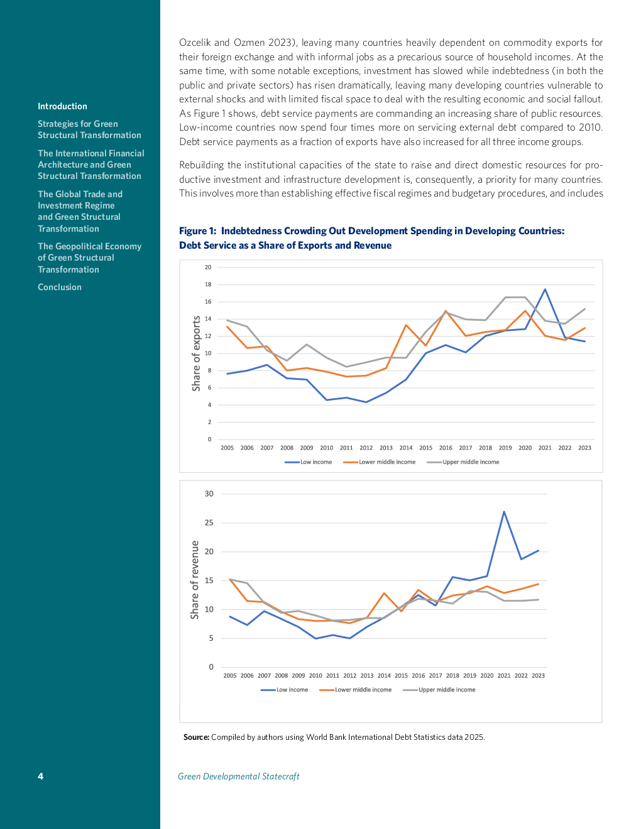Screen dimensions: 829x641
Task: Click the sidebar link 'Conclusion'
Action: [x=60, y=287]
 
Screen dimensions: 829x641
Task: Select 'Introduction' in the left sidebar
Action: [x=62, y=106]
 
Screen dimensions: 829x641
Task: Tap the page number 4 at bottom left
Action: [x=41, y=776]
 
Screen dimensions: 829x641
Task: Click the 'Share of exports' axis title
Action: [x=197, y=354]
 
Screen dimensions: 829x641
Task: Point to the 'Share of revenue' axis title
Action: [x=195, y=580]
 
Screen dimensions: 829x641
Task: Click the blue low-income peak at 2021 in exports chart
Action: [x=545, y=290]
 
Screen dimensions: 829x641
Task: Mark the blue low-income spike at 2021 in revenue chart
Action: [x=504, y=512]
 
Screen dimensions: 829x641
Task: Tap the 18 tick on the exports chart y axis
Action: [x=208, y=284]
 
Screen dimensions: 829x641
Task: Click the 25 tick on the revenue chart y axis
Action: [x=209, y=523]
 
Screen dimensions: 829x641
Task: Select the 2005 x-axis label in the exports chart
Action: [x=227, y=448]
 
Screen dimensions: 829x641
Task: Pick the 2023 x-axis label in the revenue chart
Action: [x=538, y=676]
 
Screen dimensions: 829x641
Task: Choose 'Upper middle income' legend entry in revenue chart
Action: [x=447, y=690]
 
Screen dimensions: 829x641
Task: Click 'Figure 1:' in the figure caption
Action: [x=197, y=231]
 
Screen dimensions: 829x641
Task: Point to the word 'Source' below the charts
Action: [x=195, y=737]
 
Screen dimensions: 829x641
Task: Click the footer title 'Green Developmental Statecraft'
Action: [x=239, y=776]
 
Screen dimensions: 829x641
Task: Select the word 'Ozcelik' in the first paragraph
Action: [x=195, y=43]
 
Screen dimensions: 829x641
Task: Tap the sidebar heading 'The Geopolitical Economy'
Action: [x=89, y=246]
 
